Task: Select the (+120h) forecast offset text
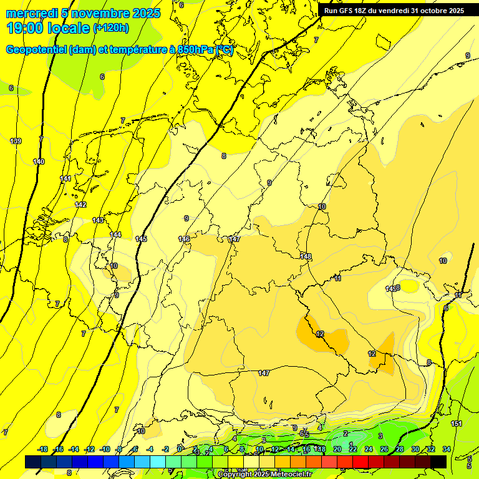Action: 110,27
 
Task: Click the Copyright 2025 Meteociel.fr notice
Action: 264,475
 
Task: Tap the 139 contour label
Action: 16,141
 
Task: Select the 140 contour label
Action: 39,162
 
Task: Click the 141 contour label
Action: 65,179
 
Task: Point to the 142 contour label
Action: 80,205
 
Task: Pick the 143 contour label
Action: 98,220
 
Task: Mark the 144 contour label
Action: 115,235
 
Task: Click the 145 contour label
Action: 141,239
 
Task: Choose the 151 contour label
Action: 457,423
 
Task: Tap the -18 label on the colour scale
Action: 43,449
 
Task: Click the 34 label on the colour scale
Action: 447,449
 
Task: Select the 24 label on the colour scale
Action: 368,449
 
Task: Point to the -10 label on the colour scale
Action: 105,449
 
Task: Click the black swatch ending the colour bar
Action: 438,462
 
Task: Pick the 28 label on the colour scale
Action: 399,449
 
